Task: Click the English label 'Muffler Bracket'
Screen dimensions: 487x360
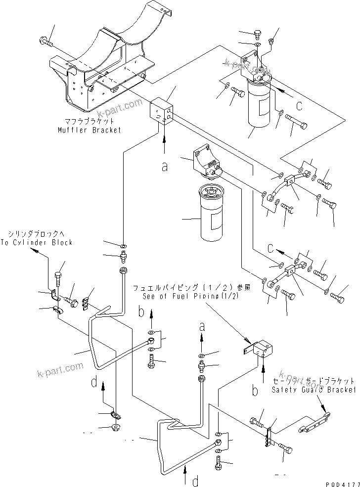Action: [90, 130]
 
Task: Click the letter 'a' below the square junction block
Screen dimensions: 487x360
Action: [164, 167]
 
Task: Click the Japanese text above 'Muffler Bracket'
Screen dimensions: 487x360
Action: [90, 121]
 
